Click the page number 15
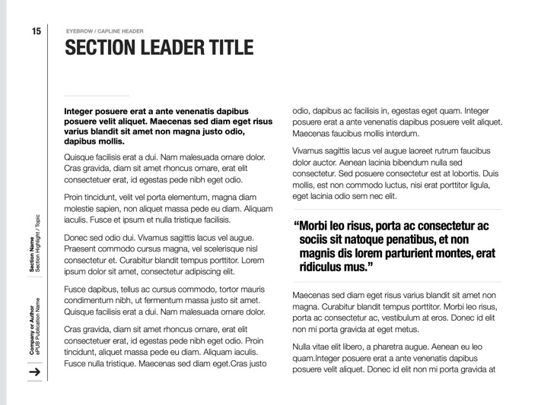(x=36, y=31)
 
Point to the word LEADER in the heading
(x=162, y=48)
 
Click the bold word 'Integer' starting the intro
(x=81, y=111)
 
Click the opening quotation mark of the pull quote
(x=296, y=226)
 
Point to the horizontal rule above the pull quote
(x=396, y=210)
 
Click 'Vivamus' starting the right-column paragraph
(x=310, y=151)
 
